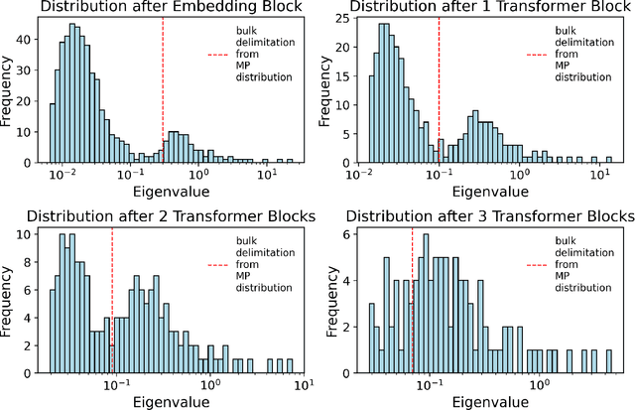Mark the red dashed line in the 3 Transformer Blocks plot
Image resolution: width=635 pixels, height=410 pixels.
(413, 298)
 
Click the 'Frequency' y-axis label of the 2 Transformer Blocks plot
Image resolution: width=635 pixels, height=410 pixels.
(9, 298)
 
